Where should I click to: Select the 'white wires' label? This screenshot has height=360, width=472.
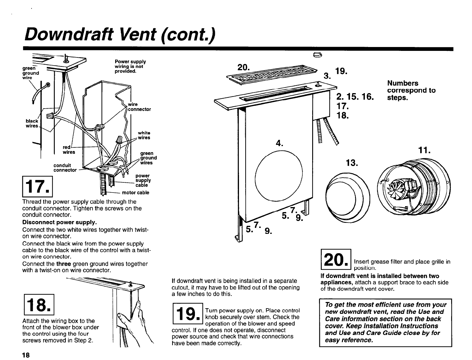(144, 135)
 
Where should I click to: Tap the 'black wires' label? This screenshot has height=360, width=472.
(32, 123)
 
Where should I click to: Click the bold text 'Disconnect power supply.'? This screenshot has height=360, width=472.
(60, 222)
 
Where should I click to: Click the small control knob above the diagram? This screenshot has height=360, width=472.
(318, 54)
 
